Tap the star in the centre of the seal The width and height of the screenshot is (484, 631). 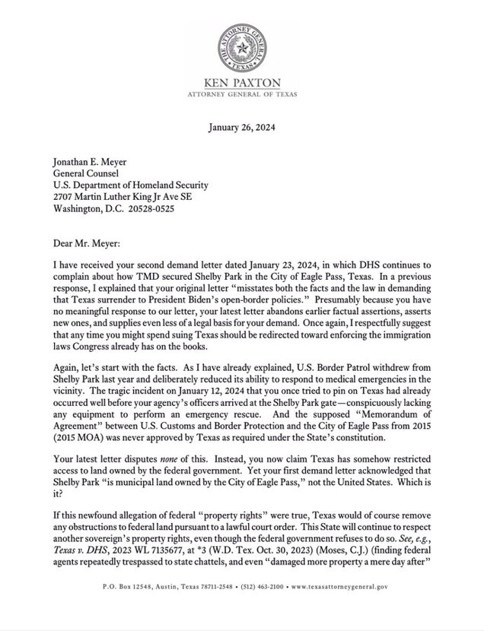(x=242, y=40)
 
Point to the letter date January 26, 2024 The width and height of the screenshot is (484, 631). (x=242, y=128)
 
